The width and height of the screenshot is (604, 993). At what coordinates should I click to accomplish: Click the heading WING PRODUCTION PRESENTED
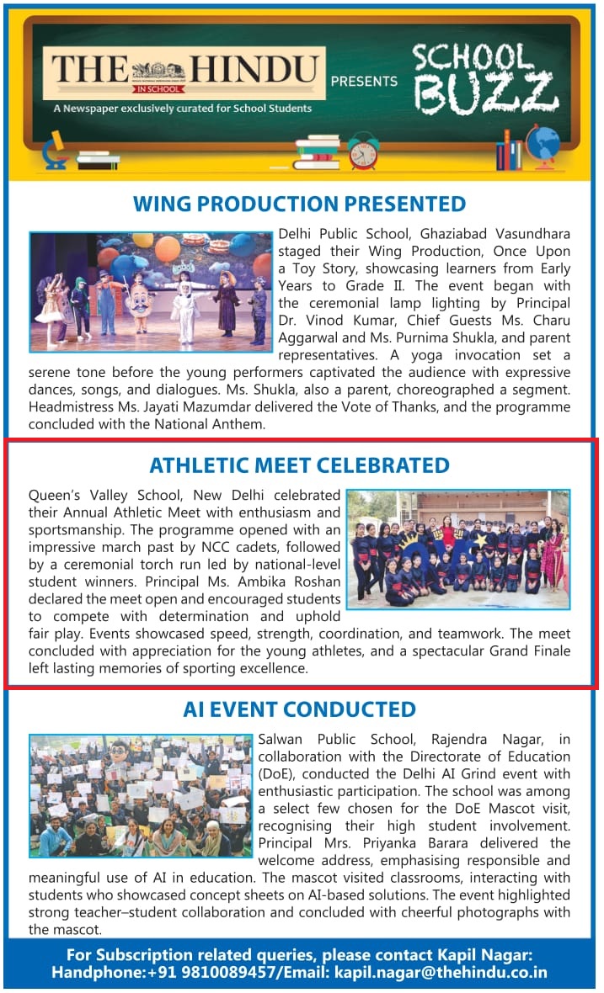pyautogui.click(x=299, y=204)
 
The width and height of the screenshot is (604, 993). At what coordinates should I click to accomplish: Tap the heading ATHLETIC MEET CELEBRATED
pyautogui.click(x=299, y=465)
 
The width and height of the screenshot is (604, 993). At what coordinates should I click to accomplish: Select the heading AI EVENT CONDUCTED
pyautogui.click(x=299, y=709)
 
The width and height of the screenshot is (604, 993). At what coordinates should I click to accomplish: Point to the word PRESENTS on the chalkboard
pyautogui.click(x=364, y=82)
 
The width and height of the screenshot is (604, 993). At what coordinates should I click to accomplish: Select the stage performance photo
pyautogui.click(x=151, y=292)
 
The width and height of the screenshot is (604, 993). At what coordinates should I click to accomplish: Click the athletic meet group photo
pyautogui.click(x=458, y=549)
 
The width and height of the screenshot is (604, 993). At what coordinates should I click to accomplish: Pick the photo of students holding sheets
pyautogui.click(x=141, y=795)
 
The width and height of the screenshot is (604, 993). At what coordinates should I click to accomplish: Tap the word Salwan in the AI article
pyautogui.click(x=286, y=740)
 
